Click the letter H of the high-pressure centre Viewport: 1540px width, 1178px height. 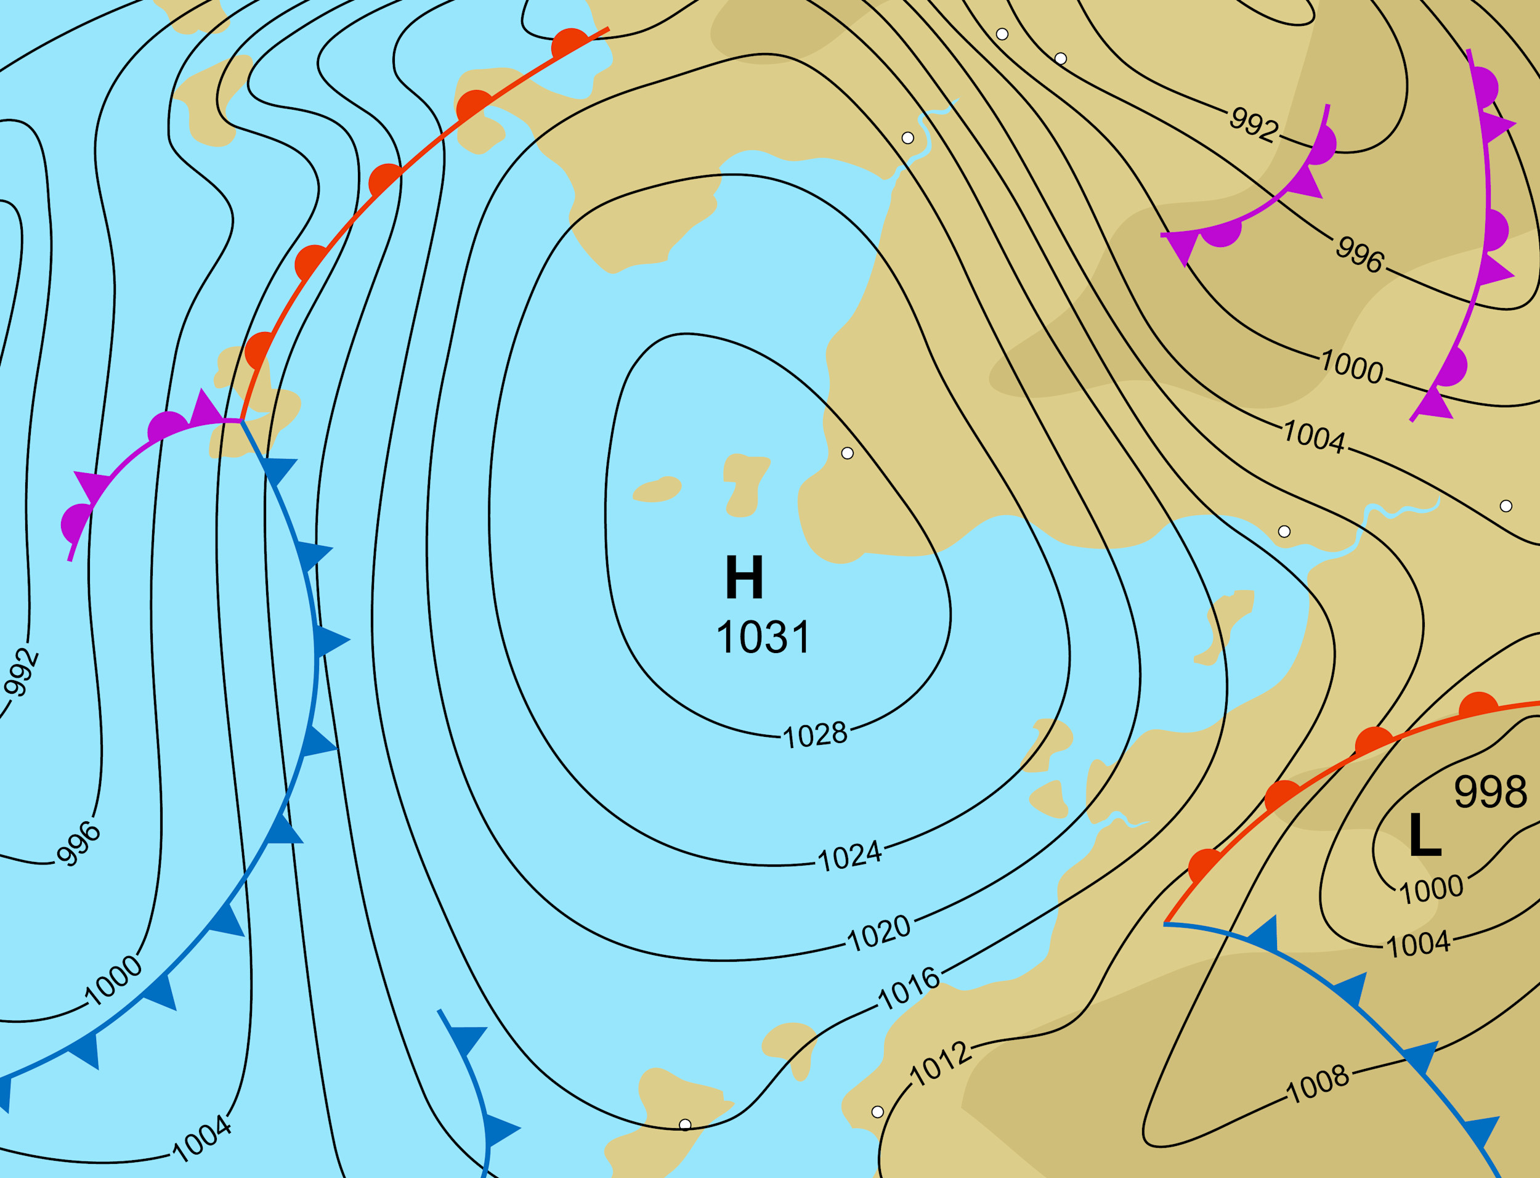point(744,577)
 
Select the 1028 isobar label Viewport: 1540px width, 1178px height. point(814,736)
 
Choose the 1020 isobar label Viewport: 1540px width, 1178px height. point(879,933)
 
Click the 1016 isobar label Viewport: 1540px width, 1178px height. point(909,989)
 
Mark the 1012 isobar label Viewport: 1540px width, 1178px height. point(941,1065)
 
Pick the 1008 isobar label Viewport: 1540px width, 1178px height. point(1318,1083)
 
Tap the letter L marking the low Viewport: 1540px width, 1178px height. point(1424,835)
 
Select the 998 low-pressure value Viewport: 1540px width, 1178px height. point(1490,792)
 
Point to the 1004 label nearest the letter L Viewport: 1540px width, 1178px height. point(1418,944)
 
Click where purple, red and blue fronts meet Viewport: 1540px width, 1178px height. point(241,421)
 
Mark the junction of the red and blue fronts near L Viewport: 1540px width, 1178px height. point(1165,924)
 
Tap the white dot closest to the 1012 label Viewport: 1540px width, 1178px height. point(877,1112)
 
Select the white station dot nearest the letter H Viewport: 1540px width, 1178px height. point(848,453)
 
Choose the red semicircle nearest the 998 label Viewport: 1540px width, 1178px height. point(1478,705)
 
